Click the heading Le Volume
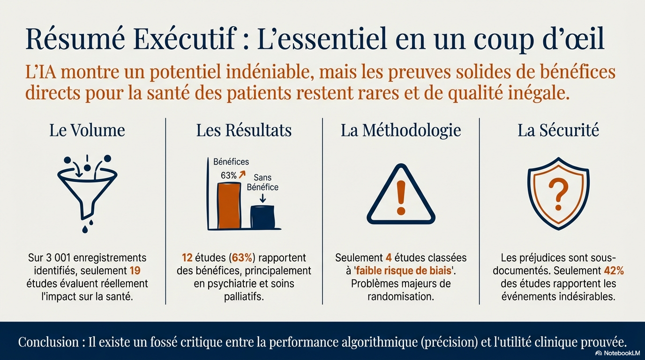click(87, 130)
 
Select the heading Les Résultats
click(244, 130)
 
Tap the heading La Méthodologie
click(401, 130)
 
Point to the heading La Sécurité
click(558, 130)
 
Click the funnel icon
click(87, 190)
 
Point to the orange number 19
click(135, 271)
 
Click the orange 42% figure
click(614, 271)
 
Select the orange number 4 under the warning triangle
click(388, 258)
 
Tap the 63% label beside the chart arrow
click(229, 175)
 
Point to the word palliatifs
click(244, 297)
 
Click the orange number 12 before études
click(187, 258)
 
